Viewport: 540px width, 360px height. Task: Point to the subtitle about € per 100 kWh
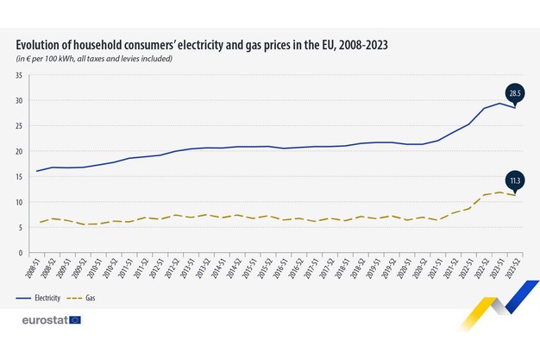tap(94, 59)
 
